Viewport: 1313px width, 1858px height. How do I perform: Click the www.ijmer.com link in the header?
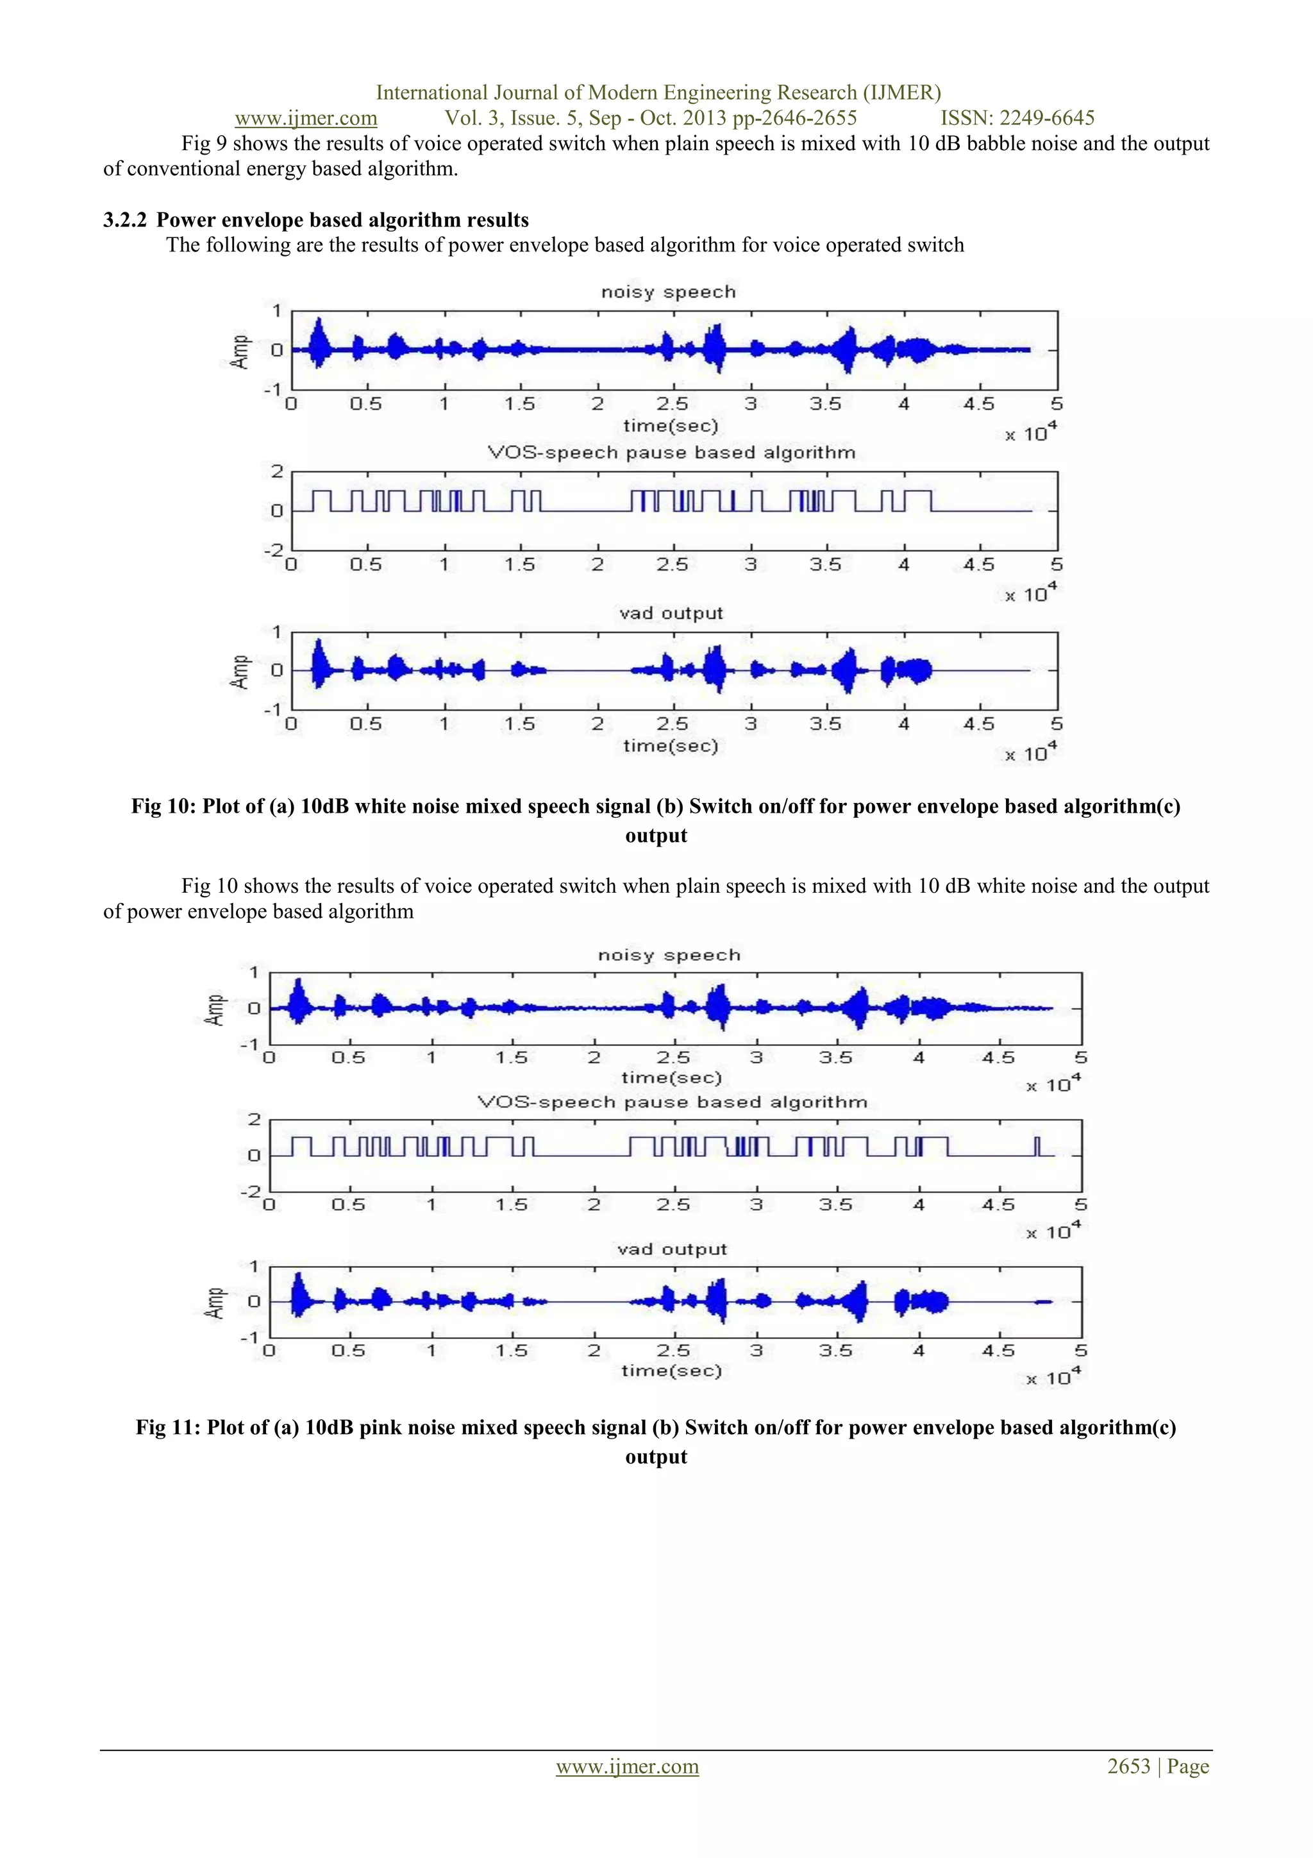click(x=306, y=118)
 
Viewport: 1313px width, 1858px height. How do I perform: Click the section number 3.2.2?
click(x=124, y=220)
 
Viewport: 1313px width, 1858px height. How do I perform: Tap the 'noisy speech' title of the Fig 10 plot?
click(x=668, y=292)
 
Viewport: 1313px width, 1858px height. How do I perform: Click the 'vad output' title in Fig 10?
click(x=671, y=613)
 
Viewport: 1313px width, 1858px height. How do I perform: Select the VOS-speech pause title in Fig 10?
click(x=671, y=452)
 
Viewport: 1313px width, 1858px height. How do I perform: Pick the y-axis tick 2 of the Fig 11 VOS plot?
click(x=254, y=1120)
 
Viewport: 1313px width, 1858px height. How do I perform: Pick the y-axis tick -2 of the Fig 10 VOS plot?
click(x=274, y=550)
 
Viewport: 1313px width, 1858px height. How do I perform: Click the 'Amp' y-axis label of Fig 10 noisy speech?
click(x=240, y=352)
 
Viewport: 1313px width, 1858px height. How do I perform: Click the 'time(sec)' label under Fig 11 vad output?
click(x=671, y=1370)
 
